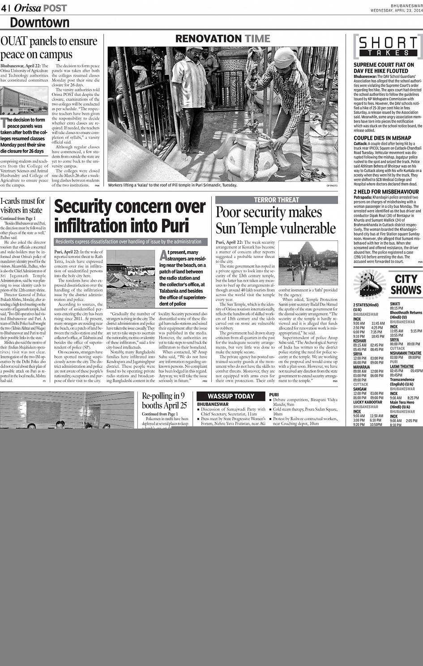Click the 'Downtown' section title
[x=39, y=22]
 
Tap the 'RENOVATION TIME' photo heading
[x=222, y=39]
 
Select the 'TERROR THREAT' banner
[x=276, y=200]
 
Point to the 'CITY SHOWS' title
[x=406, y=284]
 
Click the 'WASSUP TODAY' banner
[x=231, y=396]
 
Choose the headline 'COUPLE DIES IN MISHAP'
[x=382, y=138]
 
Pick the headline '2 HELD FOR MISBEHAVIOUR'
[x=386, y=192]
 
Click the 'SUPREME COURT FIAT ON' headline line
[x=384, y=65]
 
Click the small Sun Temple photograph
[x=308, y=263]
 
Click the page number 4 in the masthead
[x=4, y=8]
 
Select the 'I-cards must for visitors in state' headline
[x=23, y=205]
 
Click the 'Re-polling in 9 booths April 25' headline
[x=164, y=400]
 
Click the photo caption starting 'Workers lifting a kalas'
[x=172, y=185]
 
